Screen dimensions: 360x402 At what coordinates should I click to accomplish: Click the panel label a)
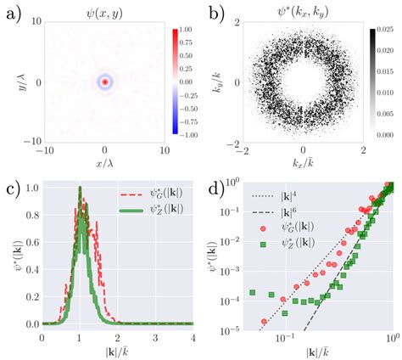[12, 12]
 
